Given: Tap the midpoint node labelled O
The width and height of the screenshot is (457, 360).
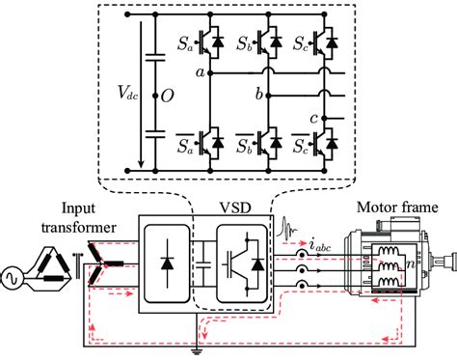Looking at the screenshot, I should pyautogui.click(x=166, y=97).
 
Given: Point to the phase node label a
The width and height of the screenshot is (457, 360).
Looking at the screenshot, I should pyautogui.click(x=199, y=72).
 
